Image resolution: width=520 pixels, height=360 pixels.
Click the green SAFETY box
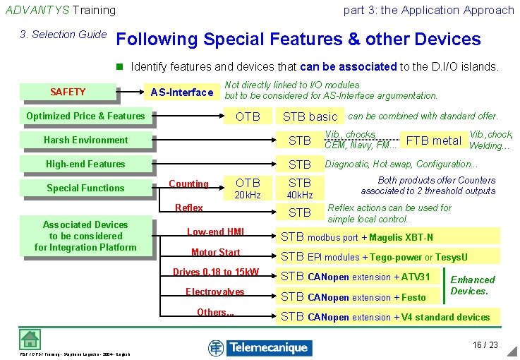[68, 92]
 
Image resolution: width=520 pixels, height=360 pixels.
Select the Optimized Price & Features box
[85, 116]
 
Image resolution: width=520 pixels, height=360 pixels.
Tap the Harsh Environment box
[85, 140]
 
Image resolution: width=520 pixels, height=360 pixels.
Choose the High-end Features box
[85, 164]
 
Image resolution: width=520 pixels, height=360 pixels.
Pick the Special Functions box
[85, 188]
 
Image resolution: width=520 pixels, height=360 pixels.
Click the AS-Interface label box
[182, 92]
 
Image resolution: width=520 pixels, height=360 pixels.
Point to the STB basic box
[310, 116]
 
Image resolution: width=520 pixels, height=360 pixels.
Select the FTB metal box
[433, 140]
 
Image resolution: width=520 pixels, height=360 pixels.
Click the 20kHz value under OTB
[248, 196]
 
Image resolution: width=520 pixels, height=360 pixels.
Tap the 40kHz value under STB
[300, 196]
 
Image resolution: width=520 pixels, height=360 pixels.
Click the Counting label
[188, 184]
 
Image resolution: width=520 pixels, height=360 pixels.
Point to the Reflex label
[188, 208]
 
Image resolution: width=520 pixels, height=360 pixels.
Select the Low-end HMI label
[215, 232]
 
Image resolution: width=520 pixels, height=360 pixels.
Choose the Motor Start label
[215, 252]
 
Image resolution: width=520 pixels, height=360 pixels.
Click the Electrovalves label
[215, 292]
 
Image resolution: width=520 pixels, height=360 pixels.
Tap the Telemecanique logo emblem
[216, 347]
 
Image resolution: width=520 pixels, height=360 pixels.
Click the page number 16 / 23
[485, 345]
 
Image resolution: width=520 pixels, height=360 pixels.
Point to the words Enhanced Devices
[472, 285]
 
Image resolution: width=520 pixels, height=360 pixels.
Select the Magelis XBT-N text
[401, 237]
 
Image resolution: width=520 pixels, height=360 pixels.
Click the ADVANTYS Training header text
[60, 10]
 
